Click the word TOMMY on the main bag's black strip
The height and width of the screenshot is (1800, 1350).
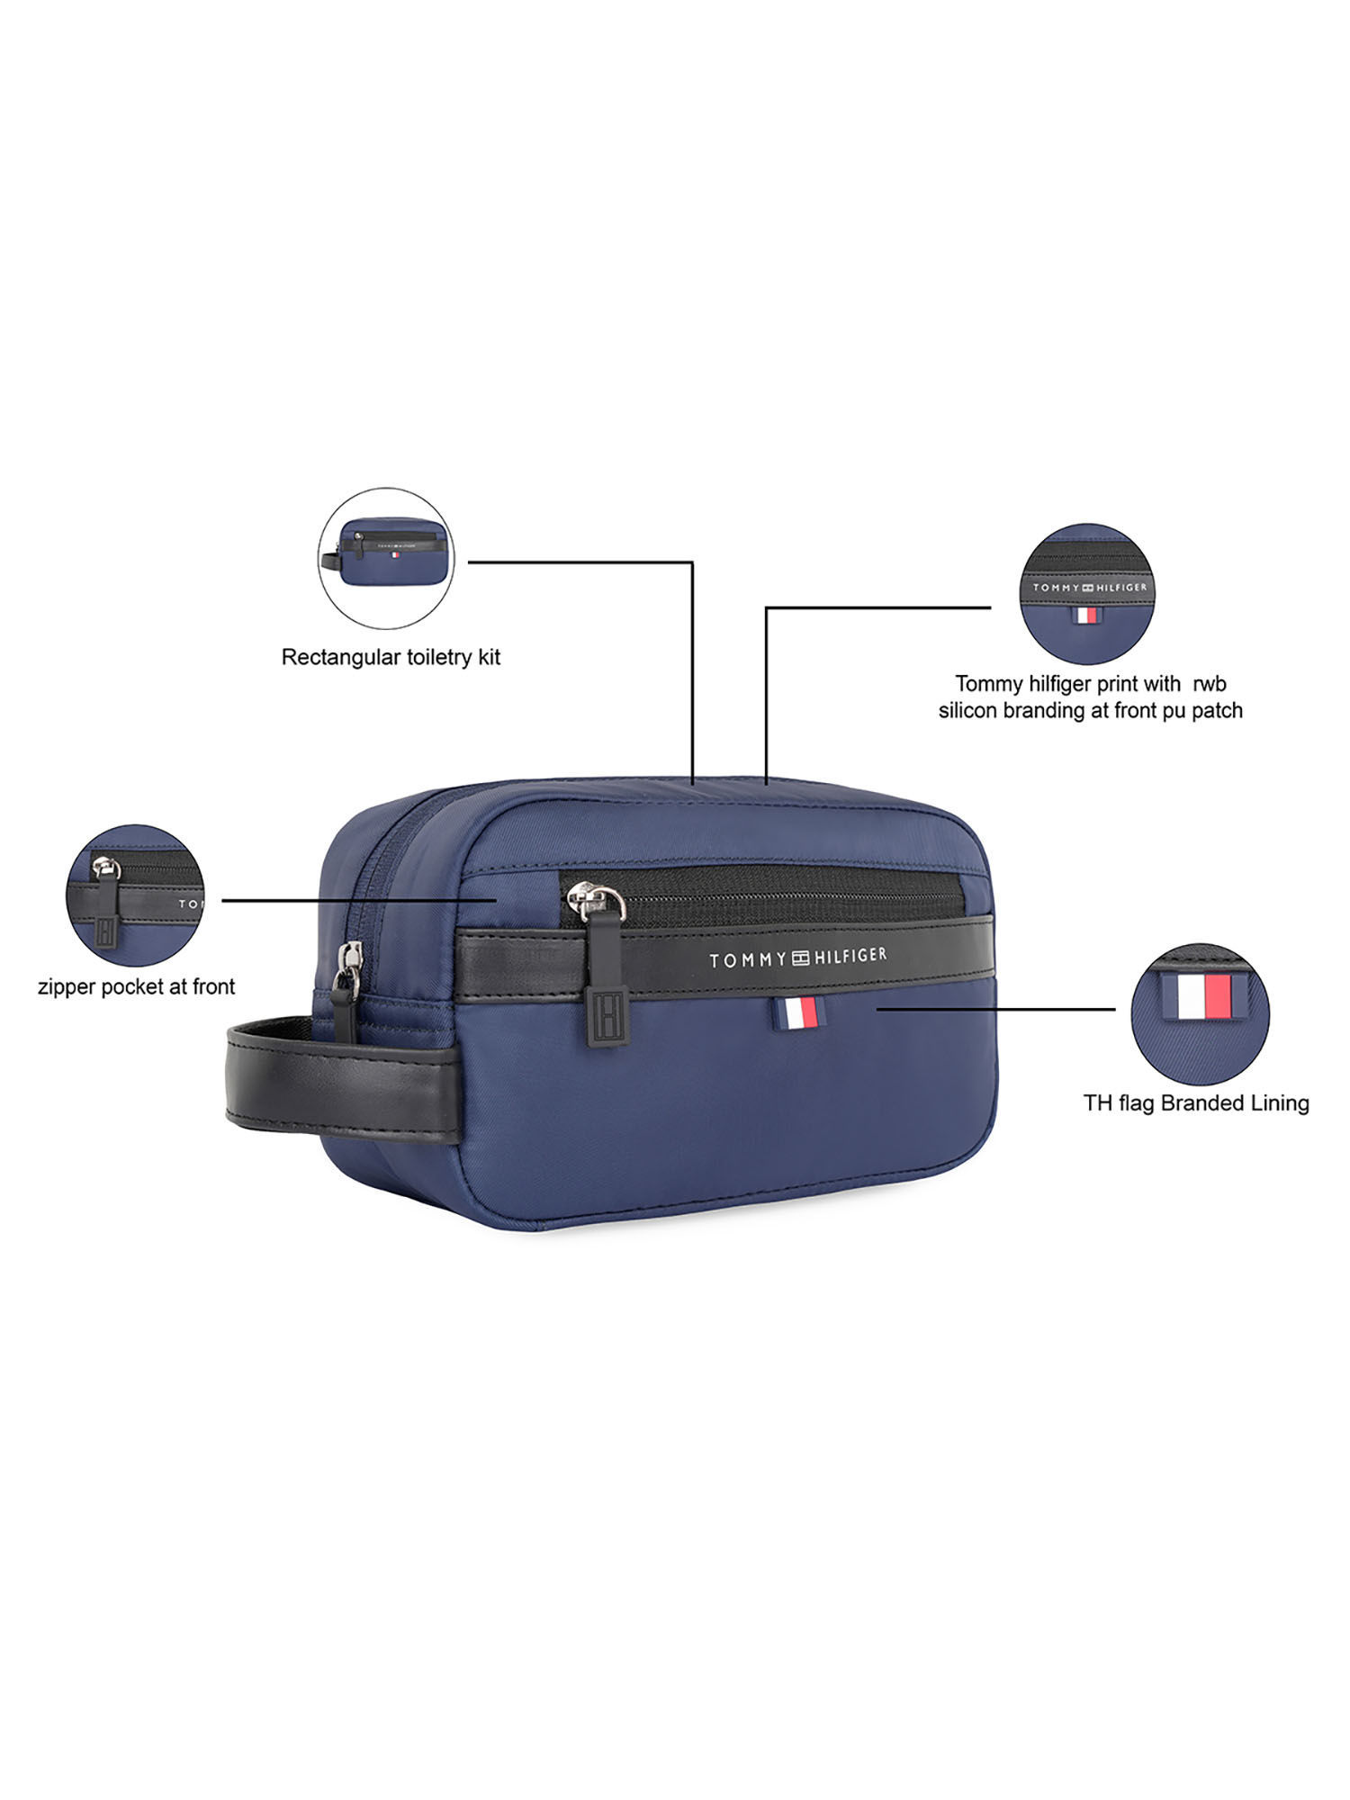(747, 960)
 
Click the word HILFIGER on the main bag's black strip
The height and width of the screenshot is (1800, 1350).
(850, 956)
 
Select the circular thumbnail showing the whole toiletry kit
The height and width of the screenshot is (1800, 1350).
(386, 558)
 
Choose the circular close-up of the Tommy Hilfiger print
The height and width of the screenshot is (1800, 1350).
(1086, 594)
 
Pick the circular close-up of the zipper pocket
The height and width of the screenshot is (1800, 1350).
(135, 895)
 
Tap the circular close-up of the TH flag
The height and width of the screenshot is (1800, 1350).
(1200, 1014)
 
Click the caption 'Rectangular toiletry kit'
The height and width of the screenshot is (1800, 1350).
(391, 657)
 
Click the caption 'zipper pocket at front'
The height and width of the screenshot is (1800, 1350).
(136, 986)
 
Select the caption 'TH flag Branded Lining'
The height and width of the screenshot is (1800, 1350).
(1195, 1102)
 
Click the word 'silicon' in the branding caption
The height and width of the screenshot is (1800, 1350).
(968, 711)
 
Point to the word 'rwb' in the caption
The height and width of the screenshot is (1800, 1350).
(1210, 684)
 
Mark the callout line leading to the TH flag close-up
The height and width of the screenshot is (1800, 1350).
(994, 1009)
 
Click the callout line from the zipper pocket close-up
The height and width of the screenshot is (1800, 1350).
(360, 899)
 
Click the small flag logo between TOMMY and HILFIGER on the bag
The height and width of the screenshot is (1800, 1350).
(800, 958)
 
